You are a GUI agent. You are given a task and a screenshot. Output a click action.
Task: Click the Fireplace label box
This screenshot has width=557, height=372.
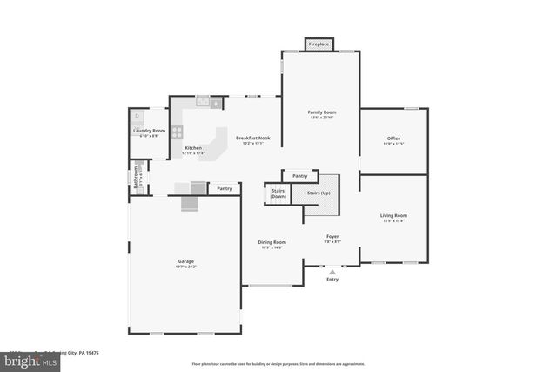tap(319, 44)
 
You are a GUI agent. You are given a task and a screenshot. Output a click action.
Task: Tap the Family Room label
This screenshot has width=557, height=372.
tap(322, 112)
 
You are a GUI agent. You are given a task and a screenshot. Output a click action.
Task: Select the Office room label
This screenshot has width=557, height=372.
tap(393, 139)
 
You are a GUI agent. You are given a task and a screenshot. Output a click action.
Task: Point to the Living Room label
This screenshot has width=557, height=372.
tap(393, 215)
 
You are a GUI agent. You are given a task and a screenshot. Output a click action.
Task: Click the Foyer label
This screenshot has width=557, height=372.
tap(332, 236)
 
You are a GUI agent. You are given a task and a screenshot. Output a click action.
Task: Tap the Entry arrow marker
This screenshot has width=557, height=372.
tap(332, 271)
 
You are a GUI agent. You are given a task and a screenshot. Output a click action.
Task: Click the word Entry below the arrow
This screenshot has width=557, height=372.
tap(332, 280)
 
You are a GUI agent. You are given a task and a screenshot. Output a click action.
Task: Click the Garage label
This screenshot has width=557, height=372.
tap(186, 261)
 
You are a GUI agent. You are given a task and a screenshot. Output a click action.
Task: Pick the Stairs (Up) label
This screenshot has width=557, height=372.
tap(319, 193)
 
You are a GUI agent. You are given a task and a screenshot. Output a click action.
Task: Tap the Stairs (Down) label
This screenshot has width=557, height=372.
tap(278, 193)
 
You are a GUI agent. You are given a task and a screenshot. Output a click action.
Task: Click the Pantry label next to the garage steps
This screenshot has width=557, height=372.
tap(225, 188)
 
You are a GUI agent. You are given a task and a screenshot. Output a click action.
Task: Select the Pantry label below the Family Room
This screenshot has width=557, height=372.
tap(299, 176)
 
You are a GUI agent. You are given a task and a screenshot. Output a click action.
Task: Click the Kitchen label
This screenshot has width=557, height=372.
tap(193, 148)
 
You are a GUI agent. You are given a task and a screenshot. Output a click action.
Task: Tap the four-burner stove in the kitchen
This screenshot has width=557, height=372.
tap(178, 132)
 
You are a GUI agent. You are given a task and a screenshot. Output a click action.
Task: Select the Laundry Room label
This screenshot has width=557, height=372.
tap(149, 132)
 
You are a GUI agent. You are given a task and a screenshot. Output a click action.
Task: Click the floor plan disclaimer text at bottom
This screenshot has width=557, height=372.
tap(278, 364)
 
